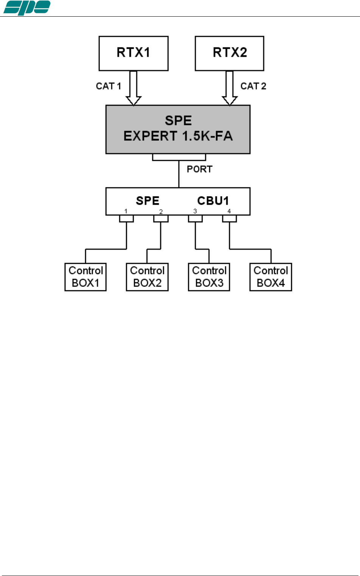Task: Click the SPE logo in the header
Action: point(26,7)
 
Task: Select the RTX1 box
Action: point(133,53)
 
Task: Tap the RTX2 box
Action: point(229,53)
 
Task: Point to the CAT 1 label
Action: point(108,86)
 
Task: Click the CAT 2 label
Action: point(253,86)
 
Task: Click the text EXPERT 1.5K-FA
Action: point(178,136)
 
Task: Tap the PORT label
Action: point(199,169)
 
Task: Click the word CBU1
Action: point(213,201)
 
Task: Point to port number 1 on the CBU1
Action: point(126,211)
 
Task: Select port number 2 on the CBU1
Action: point(161,212)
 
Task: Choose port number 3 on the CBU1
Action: point(195,211)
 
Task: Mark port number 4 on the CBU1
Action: point(229,211)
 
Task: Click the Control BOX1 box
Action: point(86,277)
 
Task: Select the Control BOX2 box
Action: point(147,277)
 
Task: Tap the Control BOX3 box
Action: point(209,277)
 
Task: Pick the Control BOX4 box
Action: point(271,277)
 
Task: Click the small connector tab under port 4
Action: point(229,219)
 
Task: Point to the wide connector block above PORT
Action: point(179,157)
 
